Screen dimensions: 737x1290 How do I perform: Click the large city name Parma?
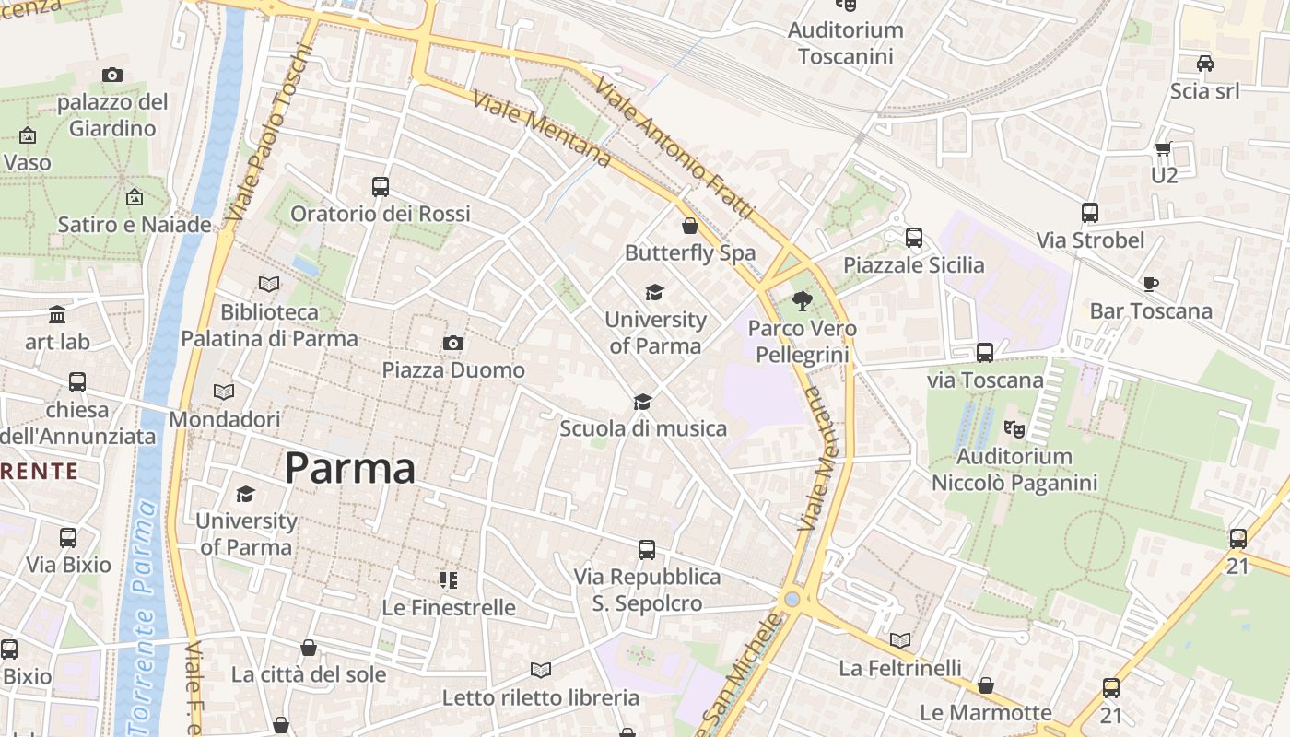click(x=350, y=469)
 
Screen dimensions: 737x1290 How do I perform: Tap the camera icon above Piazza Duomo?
click(x=452, y=344)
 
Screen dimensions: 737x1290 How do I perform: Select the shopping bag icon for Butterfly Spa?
click(x=690, y=226)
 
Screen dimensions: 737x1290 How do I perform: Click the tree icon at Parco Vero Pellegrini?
click(x=803, y=300)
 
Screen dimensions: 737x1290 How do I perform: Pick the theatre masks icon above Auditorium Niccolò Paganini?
click(x=1014, y=428)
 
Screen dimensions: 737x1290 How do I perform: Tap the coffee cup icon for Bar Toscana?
click(x=1150, y=284)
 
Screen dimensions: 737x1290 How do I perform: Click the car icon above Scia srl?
click(x=1204, y=64)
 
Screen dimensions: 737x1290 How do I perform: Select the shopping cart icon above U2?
click(x=1163, y=148)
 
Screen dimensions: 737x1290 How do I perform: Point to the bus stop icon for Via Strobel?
click(x=1090, y=213)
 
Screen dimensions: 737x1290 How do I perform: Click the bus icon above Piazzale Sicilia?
click(x=914, y=238)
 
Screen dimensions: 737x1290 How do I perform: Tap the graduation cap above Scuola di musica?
click(x=642, y=402)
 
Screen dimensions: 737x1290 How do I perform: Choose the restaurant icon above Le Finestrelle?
click(x=449, y=580)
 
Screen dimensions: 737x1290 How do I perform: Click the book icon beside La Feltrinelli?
click(x=900, y=640)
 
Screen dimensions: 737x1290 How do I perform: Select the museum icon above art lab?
click(x=57, y=315)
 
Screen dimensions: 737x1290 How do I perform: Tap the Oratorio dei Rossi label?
click(x=381, y=214)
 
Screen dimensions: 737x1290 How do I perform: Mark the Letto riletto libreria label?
click(x=541, y=697)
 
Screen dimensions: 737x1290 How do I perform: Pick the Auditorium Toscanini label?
click(x=846, y=43)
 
